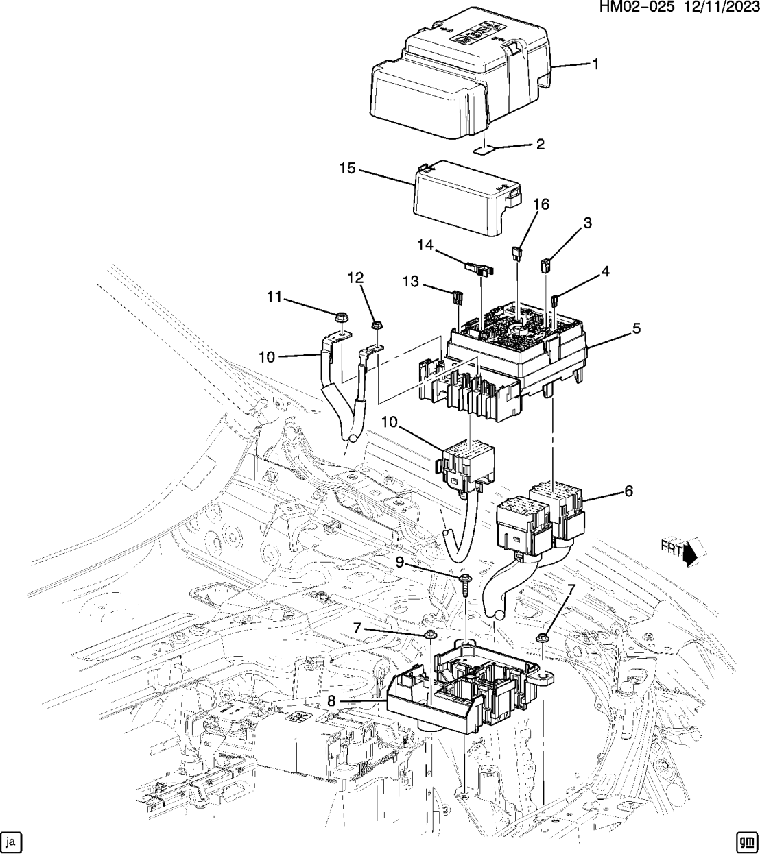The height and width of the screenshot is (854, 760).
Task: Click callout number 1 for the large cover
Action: click(x=595, y=64)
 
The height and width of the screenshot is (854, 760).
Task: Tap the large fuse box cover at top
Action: click(x=453, y=79)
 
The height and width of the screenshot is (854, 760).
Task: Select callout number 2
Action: click(x=540, y=145)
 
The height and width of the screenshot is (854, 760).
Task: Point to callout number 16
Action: click(x=541, y=204)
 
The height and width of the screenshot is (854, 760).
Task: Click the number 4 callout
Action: click(x=605, y=271)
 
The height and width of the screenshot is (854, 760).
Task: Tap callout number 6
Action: click(x=628, y=491)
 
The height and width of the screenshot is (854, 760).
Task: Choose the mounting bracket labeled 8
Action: click(x=453, y=692)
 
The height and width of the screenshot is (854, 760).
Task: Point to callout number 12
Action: click(x=355, y=277)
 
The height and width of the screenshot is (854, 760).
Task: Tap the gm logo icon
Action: click(x=746, y=841)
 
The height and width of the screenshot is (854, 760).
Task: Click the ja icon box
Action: click(x=12, y=841)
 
